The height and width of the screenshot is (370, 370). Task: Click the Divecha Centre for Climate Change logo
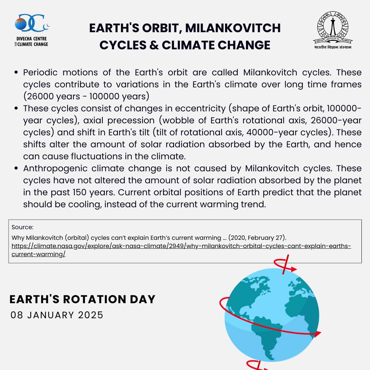click(32, 30)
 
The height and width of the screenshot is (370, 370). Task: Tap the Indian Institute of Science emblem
click(333, 30)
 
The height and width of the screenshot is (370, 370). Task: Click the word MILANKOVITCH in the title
click(233, 28)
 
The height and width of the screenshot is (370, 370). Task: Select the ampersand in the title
click(154, 45)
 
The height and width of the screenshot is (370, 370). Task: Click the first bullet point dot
click(16, 72)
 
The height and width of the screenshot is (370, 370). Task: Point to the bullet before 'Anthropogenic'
click(16, 168)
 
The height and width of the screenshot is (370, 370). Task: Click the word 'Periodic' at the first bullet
click(40, 72)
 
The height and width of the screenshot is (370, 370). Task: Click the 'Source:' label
click(22, 227)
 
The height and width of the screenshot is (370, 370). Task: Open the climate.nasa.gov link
click(181, 250)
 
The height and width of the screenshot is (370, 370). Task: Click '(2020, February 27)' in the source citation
click(257, 238)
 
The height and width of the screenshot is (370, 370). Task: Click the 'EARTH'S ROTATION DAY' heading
click(82, 299)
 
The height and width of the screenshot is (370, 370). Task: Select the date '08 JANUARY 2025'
click(57, 315)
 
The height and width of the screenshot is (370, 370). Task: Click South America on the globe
click(266, 337)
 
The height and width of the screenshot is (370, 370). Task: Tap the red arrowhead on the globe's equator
click(318, 334)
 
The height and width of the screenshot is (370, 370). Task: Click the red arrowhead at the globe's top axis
click(293, 269)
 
